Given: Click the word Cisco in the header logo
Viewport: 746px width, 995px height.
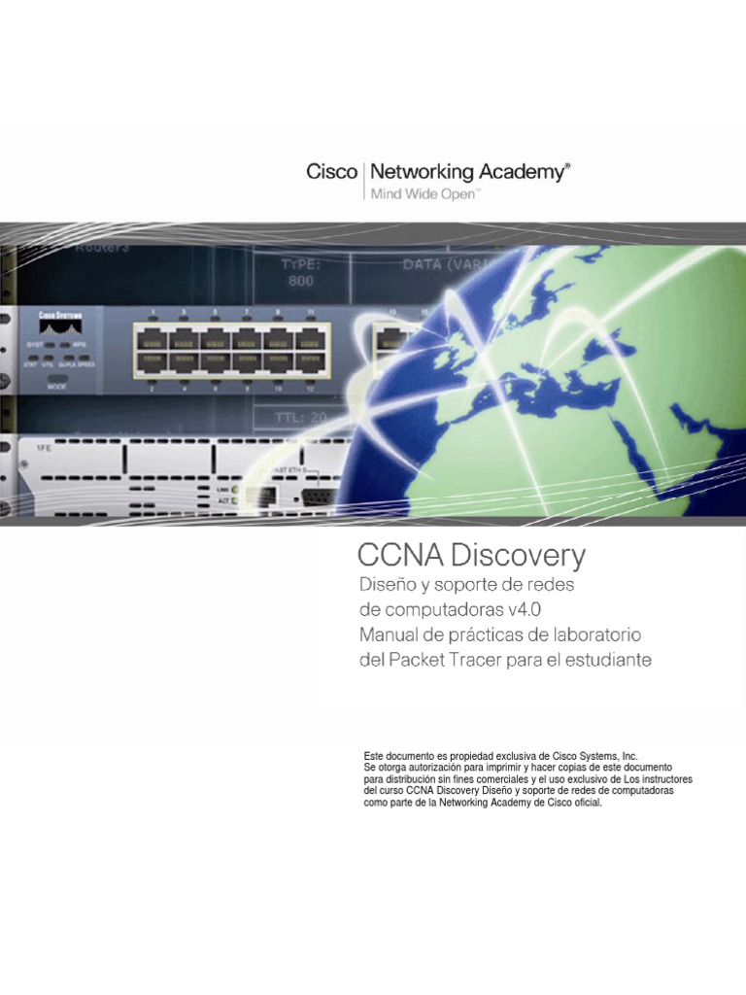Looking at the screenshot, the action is [331, 173].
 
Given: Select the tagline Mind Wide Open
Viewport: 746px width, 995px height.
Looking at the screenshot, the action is [422, 194].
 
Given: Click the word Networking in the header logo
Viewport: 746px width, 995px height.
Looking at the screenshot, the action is [421, 173].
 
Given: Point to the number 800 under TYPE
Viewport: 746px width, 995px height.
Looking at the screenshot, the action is [301, 281].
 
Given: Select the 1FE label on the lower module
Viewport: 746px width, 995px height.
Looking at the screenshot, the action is [44, 450].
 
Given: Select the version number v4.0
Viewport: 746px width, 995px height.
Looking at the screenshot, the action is [524, 610].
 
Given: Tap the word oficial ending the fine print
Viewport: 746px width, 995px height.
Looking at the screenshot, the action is [585, 804].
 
